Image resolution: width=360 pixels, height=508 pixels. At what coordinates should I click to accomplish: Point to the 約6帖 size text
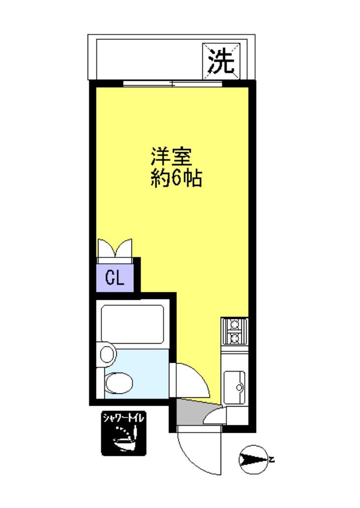[176, 178]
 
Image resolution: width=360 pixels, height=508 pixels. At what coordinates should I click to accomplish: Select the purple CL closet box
[115, 279]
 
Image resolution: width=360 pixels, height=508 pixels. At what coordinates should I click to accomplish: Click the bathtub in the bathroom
[132, 323]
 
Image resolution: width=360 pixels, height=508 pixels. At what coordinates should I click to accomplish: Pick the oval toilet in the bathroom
[119, 383]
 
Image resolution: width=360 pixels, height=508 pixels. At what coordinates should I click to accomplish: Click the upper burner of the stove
[234, 324]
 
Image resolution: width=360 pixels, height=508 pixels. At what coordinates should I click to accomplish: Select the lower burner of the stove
[234, 338]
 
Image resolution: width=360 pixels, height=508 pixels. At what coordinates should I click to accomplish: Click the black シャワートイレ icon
[123, 433]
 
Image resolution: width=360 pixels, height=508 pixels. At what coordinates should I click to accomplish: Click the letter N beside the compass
[271, 460]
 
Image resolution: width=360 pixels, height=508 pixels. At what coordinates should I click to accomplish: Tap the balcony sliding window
[172, 83]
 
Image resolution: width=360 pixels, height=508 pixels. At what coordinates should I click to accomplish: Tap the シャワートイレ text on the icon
[123, 418]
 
